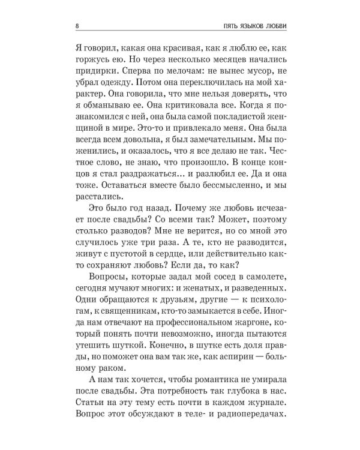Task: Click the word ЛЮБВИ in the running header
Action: pos(288,27)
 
